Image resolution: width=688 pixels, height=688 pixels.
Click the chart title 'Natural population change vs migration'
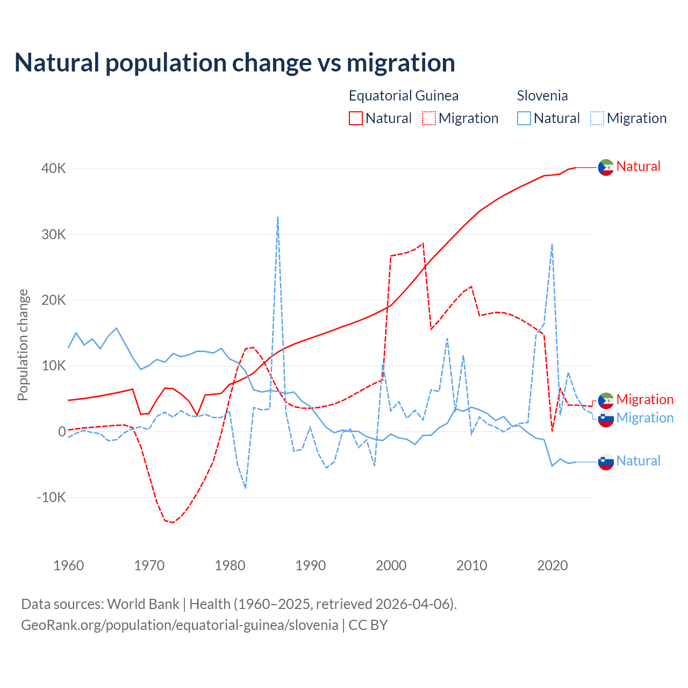[235, 63]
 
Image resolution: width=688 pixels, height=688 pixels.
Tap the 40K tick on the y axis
[54, 169]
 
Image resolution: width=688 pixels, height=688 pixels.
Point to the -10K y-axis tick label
[52, 497]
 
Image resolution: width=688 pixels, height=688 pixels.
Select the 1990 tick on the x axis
[311, 565]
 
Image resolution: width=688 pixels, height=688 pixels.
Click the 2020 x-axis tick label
[553, 565]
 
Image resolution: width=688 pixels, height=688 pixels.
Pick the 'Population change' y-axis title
[23, 345]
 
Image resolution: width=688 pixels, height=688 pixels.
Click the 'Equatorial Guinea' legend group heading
[404, 96]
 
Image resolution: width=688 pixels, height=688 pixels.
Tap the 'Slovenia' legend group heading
[542, 96]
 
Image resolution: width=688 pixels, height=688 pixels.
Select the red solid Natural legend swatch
[356, 118]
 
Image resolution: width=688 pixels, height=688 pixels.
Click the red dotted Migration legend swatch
[429, 118]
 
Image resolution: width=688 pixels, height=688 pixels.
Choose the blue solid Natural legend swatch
[524, 118]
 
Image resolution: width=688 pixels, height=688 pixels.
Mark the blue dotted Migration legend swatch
[597, 118]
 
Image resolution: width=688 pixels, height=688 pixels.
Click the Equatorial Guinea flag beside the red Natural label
[606, 167]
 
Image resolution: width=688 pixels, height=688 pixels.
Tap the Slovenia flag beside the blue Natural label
[606, 462]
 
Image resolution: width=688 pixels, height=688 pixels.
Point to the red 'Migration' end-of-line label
[645, 399]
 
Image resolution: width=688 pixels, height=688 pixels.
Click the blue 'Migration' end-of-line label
[645, 418]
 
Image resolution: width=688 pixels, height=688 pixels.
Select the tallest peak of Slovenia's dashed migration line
[277, 217]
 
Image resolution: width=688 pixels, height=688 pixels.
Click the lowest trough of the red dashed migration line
[173, 522]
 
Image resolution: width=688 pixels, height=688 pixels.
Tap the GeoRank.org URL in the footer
[180, 625]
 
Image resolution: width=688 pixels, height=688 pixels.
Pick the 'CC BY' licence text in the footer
[368, 625]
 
